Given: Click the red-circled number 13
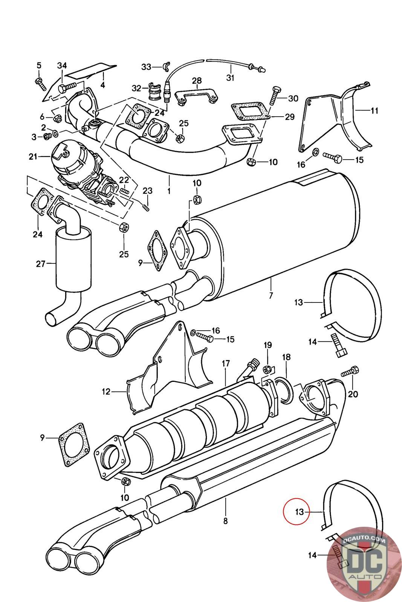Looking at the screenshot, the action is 299,512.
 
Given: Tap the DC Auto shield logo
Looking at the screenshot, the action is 364,564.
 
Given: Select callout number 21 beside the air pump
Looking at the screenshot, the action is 33,157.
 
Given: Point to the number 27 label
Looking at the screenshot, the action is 40,264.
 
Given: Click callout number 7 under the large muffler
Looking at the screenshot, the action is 271,295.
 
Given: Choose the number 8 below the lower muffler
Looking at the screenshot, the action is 225,521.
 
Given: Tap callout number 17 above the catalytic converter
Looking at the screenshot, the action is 226,363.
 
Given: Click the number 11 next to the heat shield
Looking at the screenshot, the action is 374,111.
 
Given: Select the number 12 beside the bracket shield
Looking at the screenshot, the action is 106,392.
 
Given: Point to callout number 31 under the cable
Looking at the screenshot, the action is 230,78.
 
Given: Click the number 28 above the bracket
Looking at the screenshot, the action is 197,81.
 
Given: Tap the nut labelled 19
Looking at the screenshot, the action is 267,370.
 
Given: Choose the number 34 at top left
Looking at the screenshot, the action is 62,65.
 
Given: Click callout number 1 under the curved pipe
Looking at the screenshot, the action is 169,192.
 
